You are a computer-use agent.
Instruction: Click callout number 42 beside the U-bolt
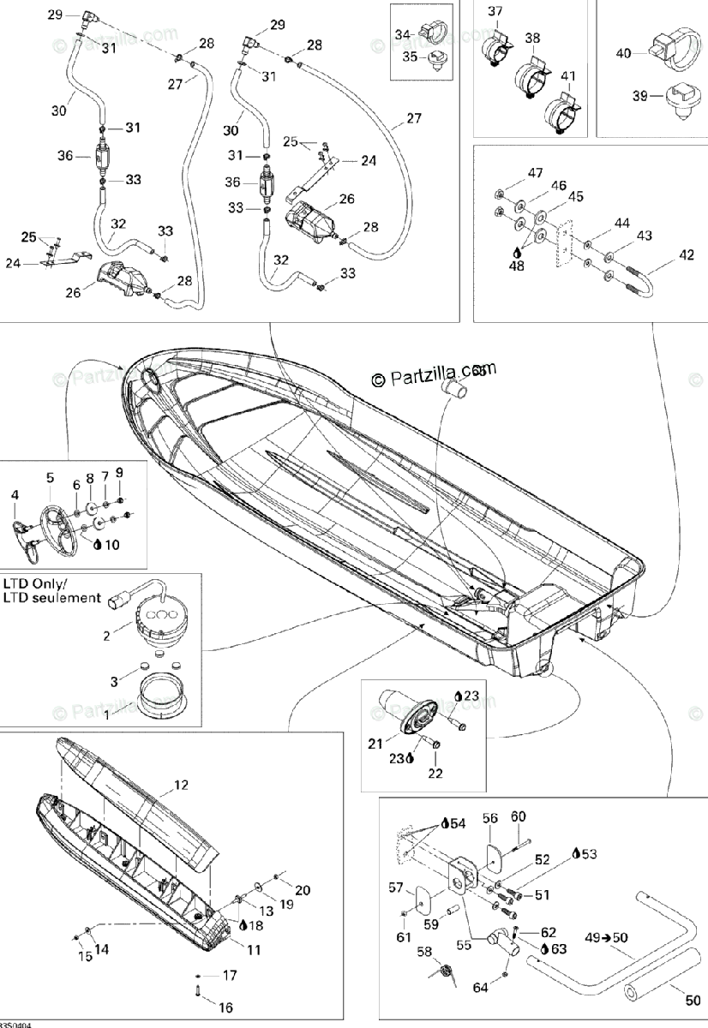point(687,254)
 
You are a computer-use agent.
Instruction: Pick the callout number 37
point(495,11)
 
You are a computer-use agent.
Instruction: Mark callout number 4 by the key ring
point(15,494)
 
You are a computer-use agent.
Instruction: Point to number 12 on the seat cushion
point(181,784)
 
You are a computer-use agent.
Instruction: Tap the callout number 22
point(435,774)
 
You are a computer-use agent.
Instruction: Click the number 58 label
point(423,952)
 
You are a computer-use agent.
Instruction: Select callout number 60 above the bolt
point(519,816)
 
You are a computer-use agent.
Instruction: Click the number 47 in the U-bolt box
point(536,173)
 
